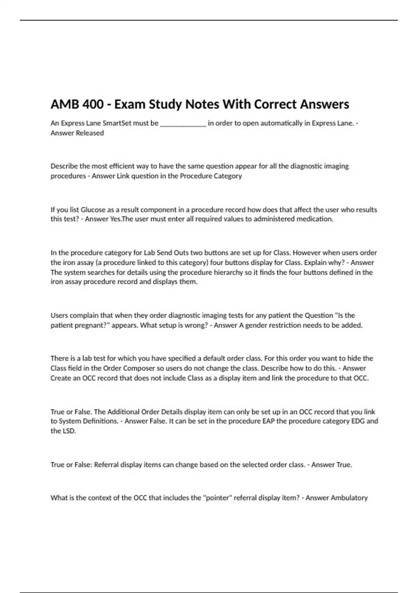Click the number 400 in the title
tap(92, 104)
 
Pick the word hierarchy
tap(226, 272)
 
